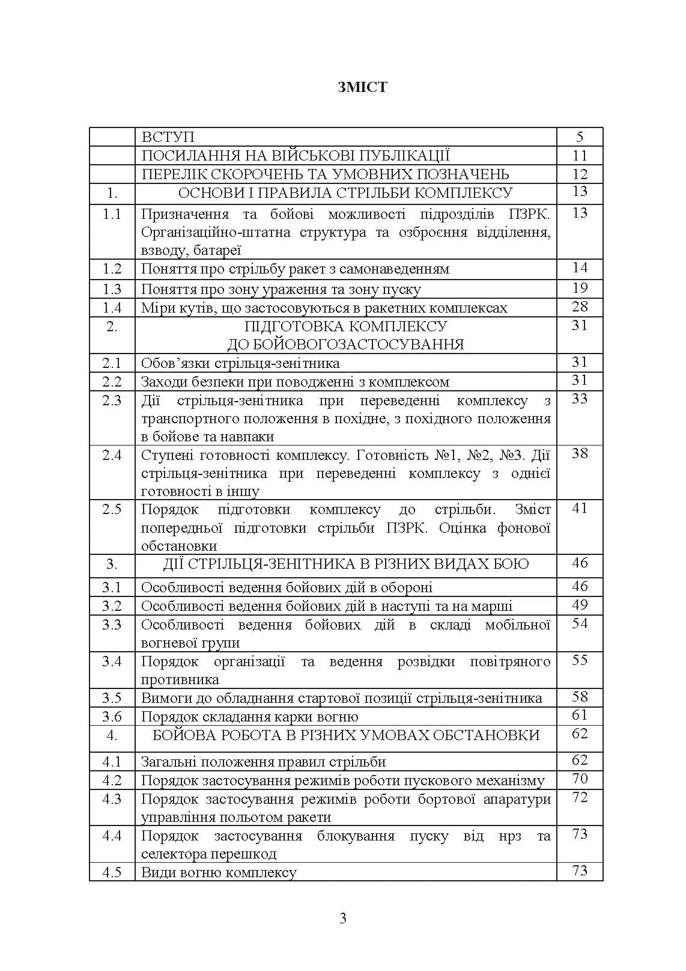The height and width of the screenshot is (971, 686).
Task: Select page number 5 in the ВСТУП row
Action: point(580,137)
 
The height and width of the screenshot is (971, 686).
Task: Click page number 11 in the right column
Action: point(580,156)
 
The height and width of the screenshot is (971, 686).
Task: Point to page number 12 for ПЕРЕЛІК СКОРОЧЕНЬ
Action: point(580,174)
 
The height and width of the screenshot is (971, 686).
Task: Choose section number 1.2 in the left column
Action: point(112,269)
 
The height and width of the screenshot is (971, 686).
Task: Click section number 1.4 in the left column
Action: point(112,308)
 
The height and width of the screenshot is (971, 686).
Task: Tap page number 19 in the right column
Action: point(580,289)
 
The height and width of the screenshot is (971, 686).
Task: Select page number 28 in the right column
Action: point(580,307)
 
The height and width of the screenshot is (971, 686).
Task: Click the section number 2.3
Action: point(112,400)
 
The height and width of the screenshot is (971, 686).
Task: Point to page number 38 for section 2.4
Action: point(580,453)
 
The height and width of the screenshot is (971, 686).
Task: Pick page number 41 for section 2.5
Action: point(580,508)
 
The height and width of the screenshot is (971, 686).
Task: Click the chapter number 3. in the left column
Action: point(112,565)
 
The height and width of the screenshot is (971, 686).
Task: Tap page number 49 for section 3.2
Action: point(580,605)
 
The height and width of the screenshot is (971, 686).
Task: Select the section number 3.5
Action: point(112,698)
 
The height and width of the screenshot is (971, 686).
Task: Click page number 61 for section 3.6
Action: point(580,715)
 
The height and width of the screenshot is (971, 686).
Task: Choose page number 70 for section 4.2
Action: point(580,779)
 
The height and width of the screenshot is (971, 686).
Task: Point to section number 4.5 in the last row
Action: point(112,872)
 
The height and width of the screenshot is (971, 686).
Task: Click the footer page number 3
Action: point(343,919)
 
